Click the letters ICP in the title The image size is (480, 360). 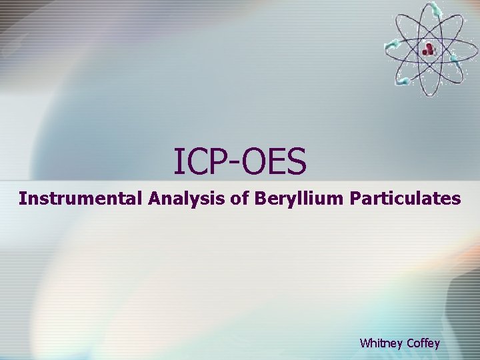[x=197, y=161]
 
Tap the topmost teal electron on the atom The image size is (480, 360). [x=435, y=8]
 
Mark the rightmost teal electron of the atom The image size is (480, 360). [x=455, y=59]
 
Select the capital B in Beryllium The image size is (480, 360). [x=259, y=198]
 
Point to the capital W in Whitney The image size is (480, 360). [x=365, y=343]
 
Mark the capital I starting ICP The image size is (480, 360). [x=177, y=161]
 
